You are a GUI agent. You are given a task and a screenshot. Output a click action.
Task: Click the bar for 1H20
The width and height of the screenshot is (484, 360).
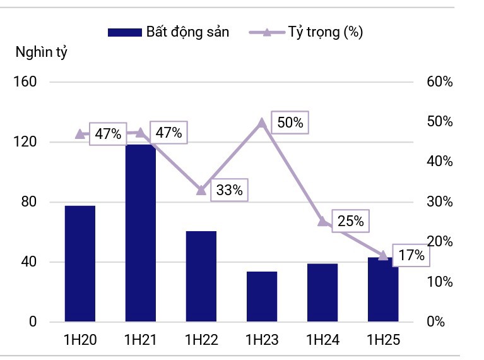click(80, 263)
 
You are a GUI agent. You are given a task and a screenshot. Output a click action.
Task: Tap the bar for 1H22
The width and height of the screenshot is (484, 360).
click(201, 276)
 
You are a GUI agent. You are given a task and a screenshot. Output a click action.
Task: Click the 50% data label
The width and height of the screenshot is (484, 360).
click(290, 123)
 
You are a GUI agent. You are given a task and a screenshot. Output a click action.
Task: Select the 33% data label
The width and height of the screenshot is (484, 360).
click(229, 189)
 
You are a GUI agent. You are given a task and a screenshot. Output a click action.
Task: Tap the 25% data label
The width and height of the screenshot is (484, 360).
click(350, 221)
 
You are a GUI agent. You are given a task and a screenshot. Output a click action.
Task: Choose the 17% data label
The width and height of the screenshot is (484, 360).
click(411, 256)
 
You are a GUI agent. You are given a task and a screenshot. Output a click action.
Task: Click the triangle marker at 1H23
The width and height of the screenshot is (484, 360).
click(262, 123)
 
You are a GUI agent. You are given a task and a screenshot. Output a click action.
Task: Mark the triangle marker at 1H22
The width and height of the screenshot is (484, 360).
click(201, 189)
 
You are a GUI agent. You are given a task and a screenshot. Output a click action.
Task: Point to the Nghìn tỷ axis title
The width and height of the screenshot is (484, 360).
click(42, 52)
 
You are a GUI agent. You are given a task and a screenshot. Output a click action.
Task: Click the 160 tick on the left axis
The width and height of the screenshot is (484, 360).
click(25, 82)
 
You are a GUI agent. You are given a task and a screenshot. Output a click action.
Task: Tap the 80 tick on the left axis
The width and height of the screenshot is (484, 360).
click(28, 202)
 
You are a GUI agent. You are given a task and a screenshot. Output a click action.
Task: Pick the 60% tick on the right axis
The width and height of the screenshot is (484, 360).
click(440, 82)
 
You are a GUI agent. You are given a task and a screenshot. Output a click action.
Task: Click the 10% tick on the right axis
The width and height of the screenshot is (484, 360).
click(440, 282)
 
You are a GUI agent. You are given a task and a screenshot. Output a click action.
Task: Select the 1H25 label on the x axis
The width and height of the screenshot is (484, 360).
click(383, 340)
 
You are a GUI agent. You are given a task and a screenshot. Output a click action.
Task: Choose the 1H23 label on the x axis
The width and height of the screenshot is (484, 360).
click(262, 340)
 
